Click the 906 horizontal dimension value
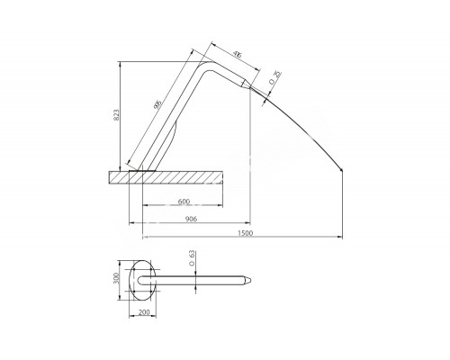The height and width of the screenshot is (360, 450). tap(192, 218)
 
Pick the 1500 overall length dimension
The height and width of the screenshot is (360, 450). tap(245, 233)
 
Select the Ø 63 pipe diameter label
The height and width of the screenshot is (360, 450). tap(193, 262)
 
